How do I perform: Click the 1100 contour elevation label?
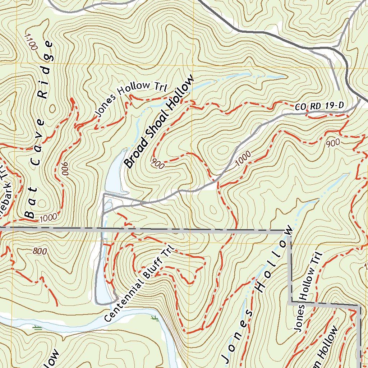pyautogui.click(x=32, y=42)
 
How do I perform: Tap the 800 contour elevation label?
pyautogui.click(x=39, y=252)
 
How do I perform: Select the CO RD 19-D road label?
pyautogui.click(x=320, y=106)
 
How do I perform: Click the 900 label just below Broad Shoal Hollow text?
pyautogui.click(x=158, y=164)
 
